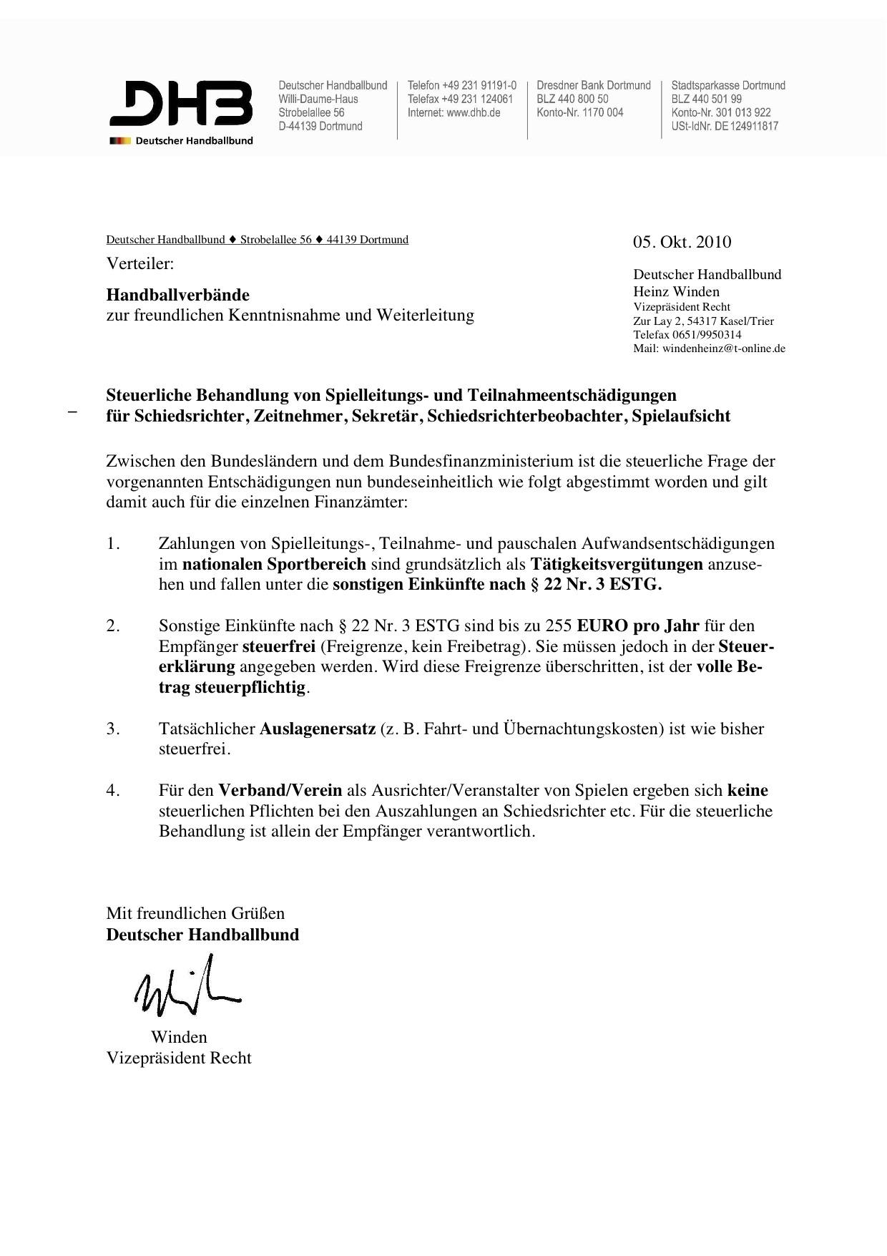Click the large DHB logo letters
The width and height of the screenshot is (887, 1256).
click(x=180, y=104)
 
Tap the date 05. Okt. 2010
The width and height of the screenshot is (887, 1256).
click(x=682, y=242)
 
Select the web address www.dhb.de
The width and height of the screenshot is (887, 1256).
click(x=473, y=112)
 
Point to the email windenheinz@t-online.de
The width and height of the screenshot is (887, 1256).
click(x=724, y=349)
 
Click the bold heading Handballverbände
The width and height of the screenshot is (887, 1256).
click(x=178, y=295)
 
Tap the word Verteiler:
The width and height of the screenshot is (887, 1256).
click(x=140, y=263)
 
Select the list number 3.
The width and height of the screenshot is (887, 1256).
click(x=112, y=729)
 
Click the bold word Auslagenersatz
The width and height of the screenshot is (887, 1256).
click(x=317, y=729)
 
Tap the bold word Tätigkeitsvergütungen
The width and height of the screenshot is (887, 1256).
click(x=617, y=564)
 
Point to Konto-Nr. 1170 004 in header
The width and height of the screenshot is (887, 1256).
click(x=579, y=112)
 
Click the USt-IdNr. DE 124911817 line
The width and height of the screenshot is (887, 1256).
click(x=725, y=126)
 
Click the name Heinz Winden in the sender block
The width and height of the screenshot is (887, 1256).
click(x=676, y=291)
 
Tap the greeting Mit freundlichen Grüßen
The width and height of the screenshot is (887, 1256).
click(x=195, y=913)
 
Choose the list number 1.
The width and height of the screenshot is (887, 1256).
click(x=112, y=544)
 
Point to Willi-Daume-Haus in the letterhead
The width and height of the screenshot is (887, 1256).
click(x=318, y=99)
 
